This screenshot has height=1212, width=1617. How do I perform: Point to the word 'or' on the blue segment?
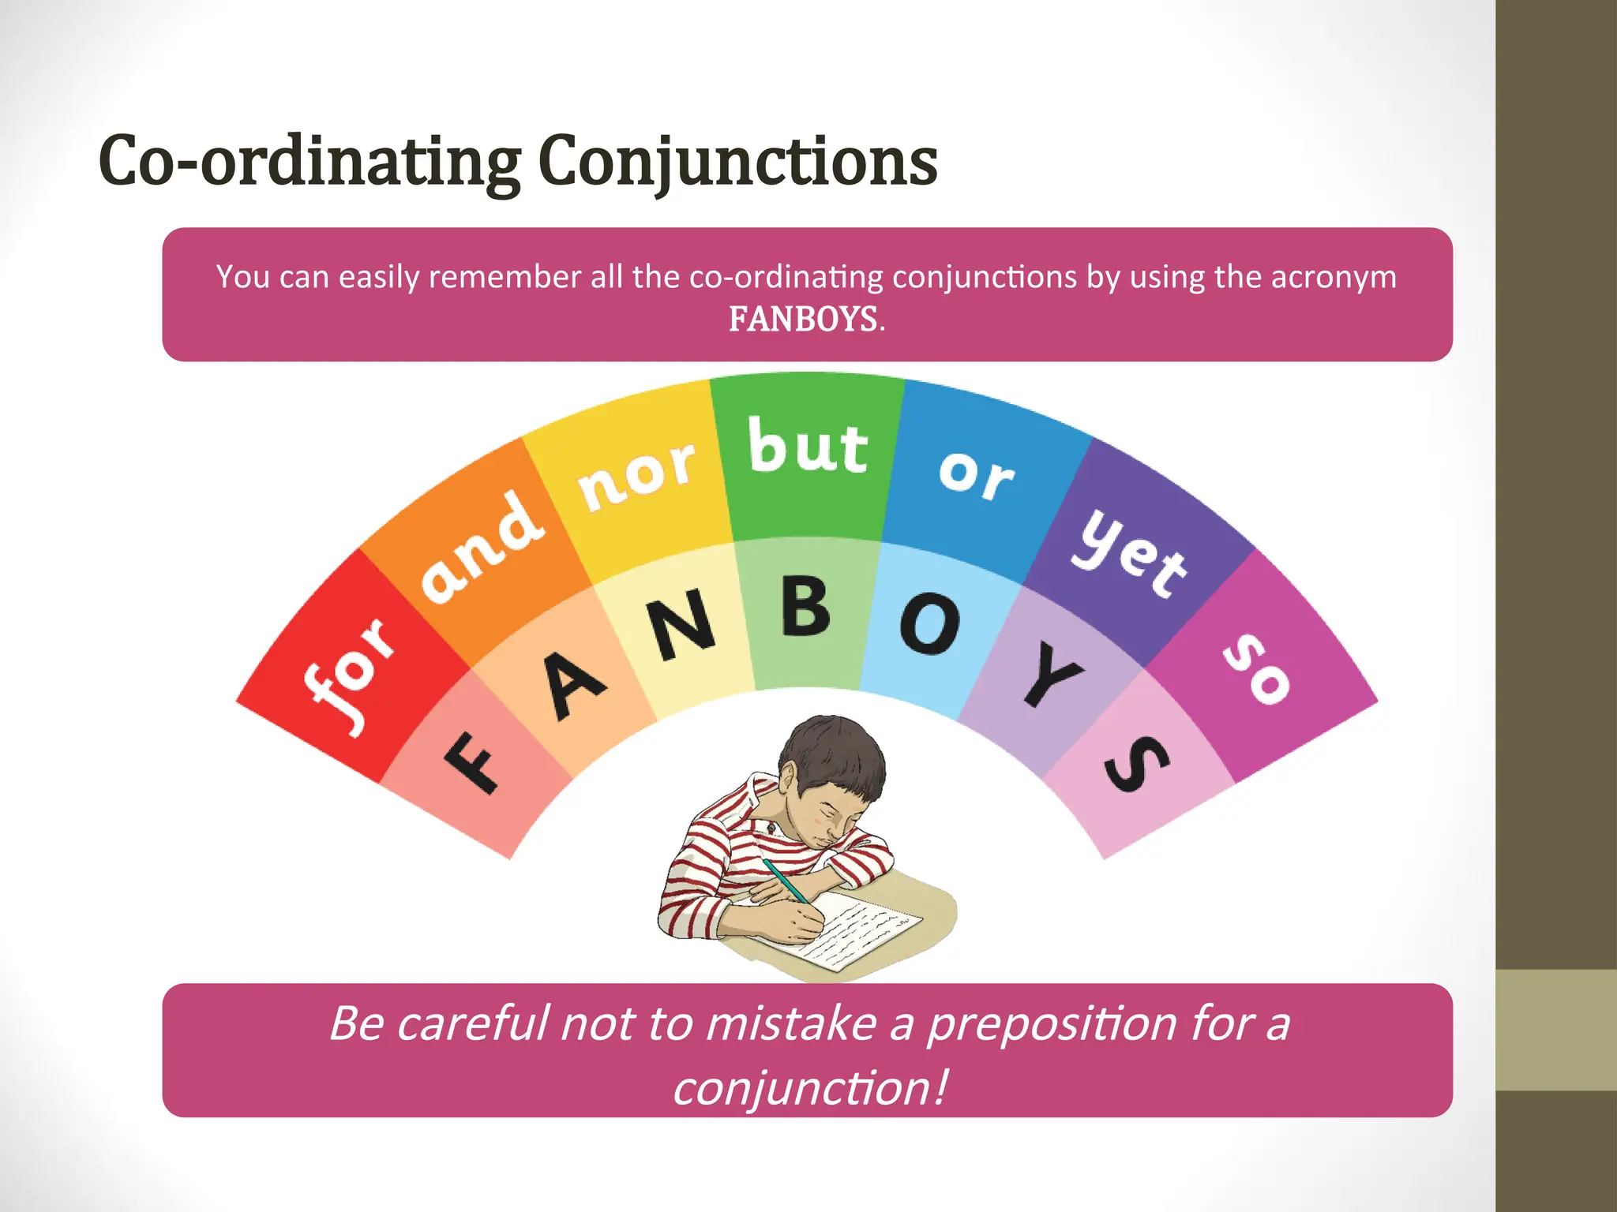[x=977, y=473]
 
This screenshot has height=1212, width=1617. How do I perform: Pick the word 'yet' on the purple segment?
[x=1130, y=552]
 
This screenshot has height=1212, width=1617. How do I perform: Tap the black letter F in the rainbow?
[x=471, y=762]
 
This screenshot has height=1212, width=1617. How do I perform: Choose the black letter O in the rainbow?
[x=930, y=623]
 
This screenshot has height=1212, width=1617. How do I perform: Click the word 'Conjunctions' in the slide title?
[x=737, y=162]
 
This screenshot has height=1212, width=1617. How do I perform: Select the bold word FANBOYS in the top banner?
[x=803, y=320]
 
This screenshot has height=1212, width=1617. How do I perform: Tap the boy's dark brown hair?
[x=837, y=750]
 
